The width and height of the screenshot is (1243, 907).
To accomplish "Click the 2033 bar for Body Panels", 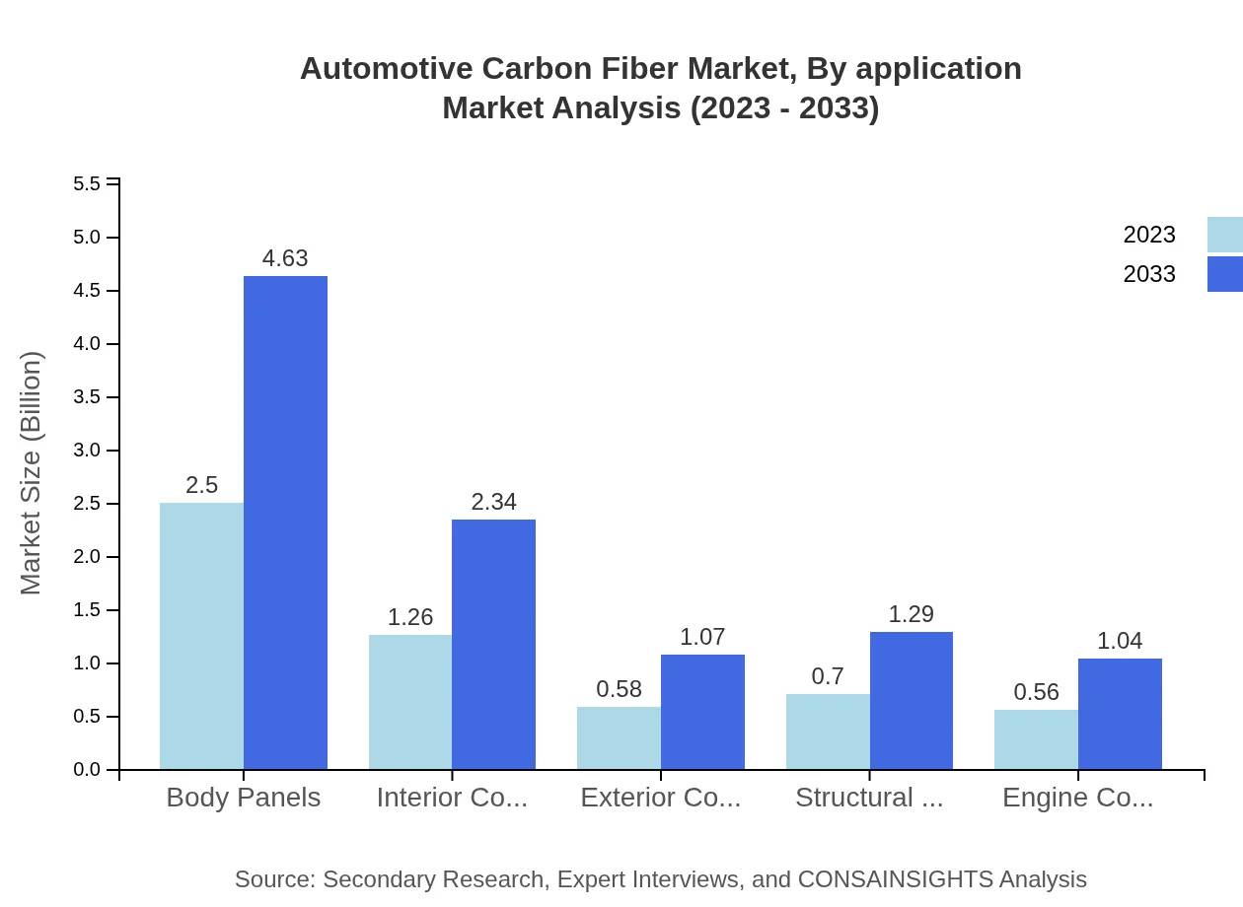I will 285,523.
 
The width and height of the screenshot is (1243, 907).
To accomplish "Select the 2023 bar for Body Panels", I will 201,636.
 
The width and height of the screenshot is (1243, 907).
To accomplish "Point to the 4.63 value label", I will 285,258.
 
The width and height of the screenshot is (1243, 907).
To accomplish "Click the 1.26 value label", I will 410,617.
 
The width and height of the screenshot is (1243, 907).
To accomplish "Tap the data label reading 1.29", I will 911,614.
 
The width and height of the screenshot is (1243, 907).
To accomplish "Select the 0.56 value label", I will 1036,692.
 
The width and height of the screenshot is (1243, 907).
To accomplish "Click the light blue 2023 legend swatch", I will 1224,235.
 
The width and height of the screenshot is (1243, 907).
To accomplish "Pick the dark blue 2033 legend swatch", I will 1224,274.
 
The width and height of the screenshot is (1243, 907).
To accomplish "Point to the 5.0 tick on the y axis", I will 87,238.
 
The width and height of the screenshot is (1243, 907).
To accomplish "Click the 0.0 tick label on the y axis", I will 87,770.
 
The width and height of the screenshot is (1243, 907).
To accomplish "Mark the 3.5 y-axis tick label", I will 87,397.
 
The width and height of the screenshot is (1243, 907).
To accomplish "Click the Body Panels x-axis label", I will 243,798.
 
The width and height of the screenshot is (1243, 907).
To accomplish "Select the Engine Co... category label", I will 1077,798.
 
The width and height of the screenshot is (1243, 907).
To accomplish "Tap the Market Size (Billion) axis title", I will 32,473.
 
